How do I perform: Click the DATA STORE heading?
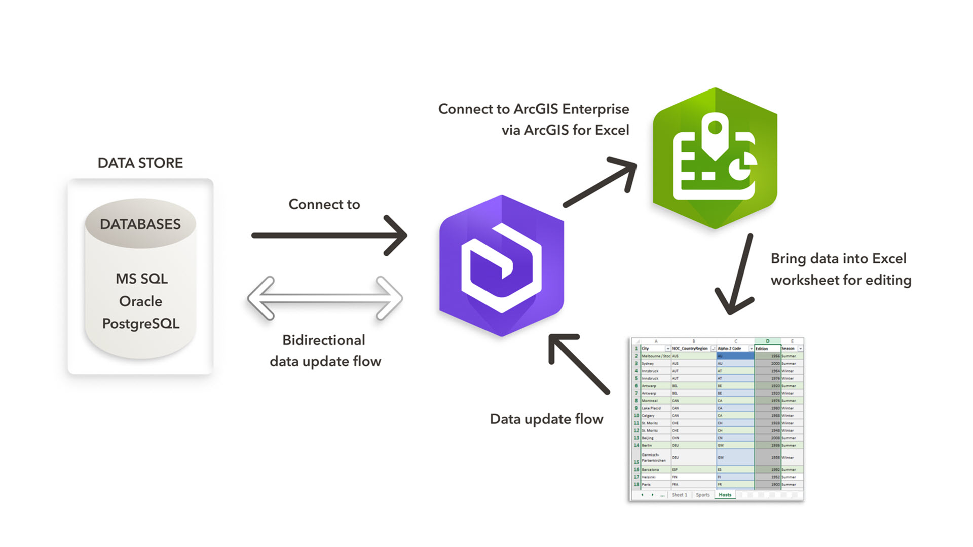click(x=140, y=163)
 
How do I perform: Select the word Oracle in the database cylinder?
click(x=141, y=301)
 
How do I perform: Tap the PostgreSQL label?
click(x=141, y=324)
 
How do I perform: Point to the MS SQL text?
click(x=141, y=279)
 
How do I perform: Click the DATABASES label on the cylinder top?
click(x=140, y=224)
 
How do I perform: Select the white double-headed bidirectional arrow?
click(x=325, y=298)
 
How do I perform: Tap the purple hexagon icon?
click(x=501, y=265)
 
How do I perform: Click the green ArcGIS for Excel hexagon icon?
click(x=715, y=158)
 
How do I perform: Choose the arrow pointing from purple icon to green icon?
click(x=601, y=182)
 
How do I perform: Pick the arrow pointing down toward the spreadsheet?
click(x=737, y=276)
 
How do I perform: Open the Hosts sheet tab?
click(x=725, y=495)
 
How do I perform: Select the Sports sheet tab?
click(x=702, y=495)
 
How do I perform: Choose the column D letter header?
click(x=767, y=341)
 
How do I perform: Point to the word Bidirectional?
click(x=323, y=340)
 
